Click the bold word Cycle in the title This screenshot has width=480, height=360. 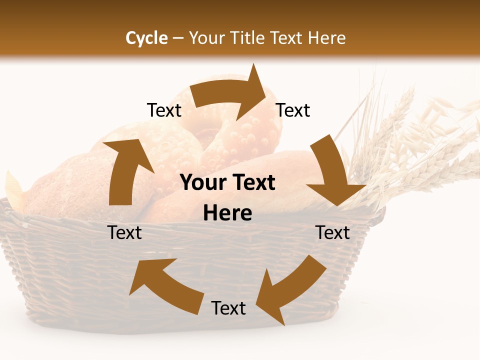[x=146, y=38]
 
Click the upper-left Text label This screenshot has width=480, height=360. [x=164, y=110]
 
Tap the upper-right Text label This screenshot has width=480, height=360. [x=293, y=110]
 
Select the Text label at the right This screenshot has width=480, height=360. [x=332, y=232]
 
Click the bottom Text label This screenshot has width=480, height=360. [x=228, y=308]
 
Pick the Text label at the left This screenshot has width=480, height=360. [x=124, y=232]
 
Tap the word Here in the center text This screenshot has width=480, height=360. [x=227, y=213]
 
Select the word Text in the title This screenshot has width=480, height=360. [x=287, y=38]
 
